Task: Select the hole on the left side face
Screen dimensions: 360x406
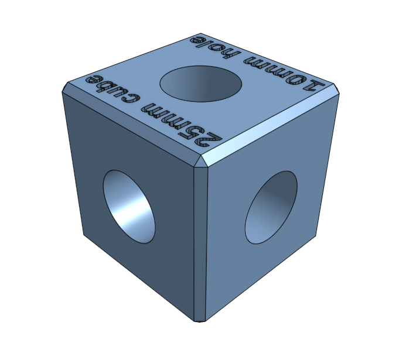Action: click(129, 205)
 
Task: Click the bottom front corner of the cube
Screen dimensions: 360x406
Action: click(200, 320)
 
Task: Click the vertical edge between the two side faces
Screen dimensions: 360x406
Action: click(200, 246)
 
